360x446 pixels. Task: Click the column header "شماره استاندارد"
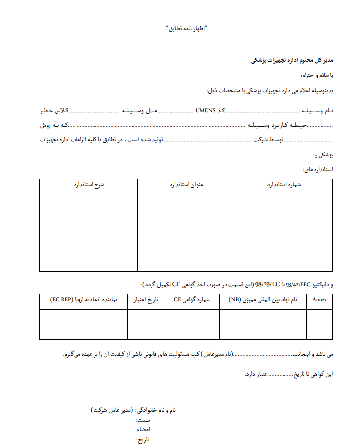click(x=284, y=186)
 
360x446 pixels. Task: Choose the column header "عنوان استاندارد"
click(x=186, y=186)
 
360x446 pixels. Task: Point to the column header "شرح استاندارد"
click(x=89, y=186)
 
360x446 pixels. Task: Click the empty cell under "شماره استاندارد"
click(x=284, y=233)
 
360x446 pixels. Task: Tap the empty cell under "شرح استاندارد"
click(x=89, y=233)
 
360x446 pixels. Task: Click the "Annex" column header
click(x=319, y=300)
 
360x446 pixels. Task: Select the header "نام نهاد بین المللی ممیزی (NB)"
click(x=263, y=300)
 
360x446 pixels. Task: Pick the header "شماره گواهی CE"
click(x=191, y=300)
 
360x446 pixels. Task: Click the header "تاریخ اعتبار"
click(x=146, y=300)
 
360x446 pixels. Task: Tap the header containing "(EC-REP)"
click(x=83, y=300)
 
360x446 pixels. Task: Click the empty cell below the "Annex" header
click(x=319, y=324)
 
